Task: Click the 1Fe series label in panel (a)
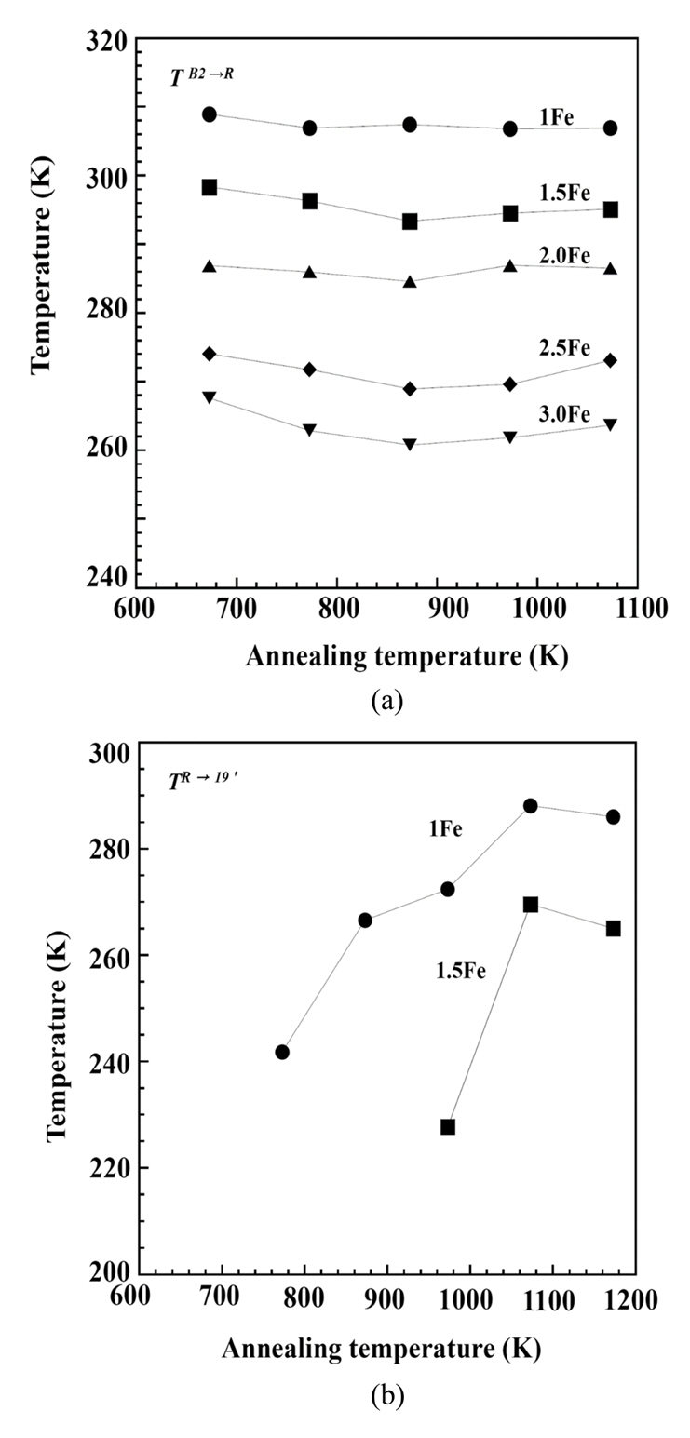556,116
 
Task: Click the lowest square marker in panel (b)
448,1127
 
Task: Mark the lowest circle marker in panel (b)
282,1052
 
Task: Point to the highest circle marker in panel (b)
531,806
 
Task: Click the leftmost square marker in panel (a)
210,187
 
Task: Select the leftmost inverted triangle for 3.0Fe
210,398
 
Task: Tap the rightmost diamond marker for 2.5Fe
611,360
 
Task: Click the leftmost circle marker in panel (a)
210,114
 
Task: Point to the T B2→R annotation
201,76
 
